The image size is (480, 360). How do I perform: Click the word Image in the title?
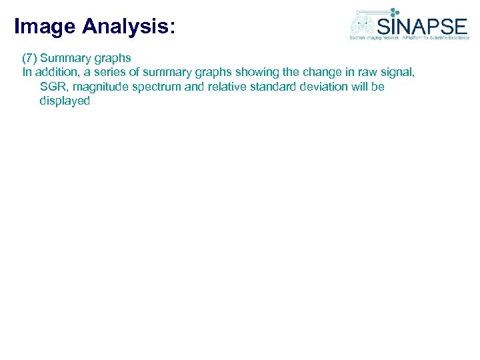tap(45, 27)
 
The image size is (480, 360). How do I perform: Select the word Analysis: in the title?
tap(129, 27)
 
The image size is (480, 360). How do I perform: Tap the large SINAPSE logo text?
tap(422, 26)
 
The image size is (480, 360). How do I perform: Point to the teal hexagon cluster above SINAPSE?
tap(395, 12)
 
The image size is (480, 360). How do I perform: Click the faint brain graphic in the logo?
tap(363, 26)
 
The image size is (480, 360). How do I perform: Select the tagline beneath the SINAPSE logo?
tap(409, 38)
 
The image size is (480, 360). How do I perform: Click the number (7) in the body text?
tap(29, 58)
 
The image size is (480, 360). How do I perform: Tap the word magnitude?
tap(100, 87)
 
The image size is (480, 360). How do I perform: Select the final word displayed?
tap(65, 101)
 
